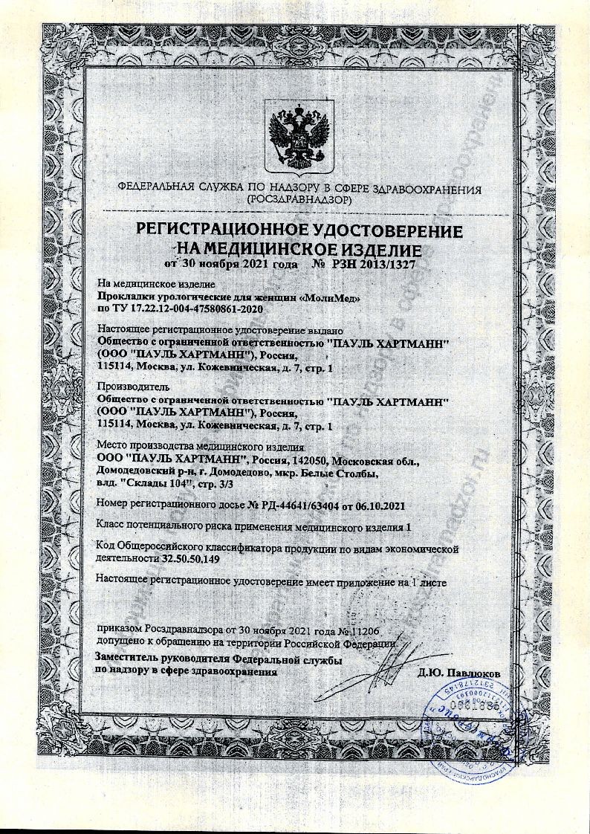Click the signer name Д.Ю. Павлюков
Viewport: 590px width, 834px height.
(x=458, y=673)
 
